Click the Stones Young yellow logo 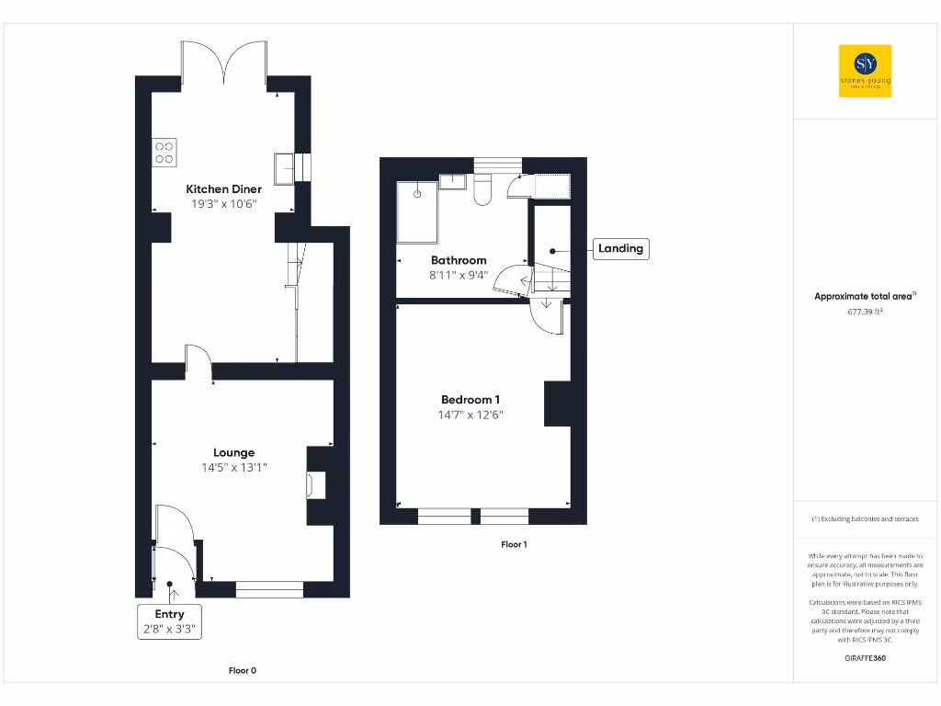[x=865, y=71]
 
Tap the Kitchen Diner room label [x=224, y=189]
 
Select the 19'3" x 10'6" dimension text [x=224, y=204]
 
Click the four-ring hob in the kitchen [x=164, y=151]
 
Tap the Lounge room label [x=233, y=452]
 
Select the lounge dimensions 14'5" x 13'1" [x=233, y=468]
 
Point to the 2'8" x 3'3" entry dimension [x=169, y=630]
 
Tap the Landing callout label [x=620, y=248]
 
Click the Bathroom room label [x=459, y=260]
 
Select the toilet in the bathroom [x=483, y=189]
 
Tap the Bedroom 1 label [x=470, y=400]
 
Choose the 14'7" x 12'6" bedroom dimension [x=470, y=416]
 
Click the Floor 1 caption [x=514, y=544]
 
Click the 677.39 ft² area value [x=865, y=312]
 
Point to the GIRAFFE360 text [x=865, y=658]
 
